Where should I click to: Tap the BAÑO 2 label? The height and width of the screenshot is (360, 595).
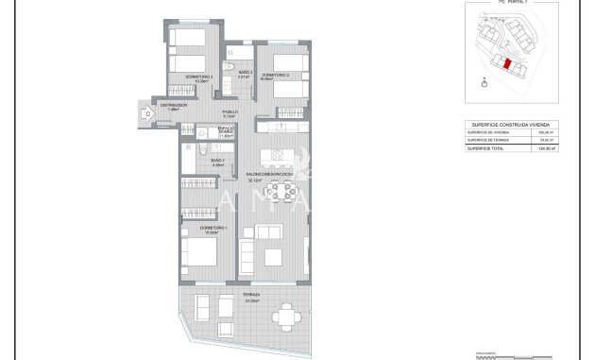pos(244,73)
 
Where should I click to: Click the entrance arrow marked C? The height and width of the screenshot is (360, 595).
pos(147,114)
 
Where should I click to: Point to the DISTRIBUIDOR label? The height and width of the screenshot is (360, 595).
pos(173,105)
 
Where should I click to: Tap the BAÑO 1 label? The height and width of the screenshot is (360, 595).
pos(217,162)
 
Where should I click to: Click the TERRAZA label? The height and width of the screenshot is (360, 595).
pos(252,295)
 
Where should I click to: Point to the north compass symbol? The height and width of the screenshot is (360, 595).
pos(484,82)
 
